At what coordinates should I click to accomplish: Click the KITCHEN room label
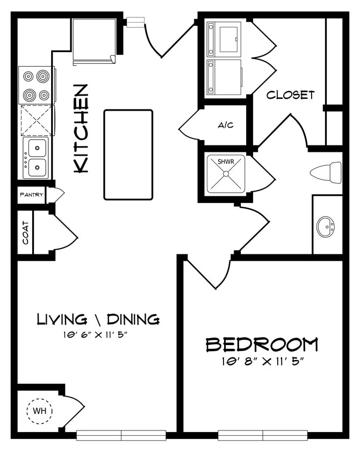(81, 128)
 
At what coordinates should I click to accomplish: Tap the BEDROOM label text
(262, 344)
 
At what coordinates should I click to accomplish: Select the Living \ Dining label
(98, 319)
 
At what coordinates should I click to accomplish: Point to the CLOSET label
(291, 95)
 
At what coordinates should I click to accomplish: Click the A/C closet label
(225, 125)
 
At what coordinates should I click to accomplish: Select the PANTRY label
(31, 195)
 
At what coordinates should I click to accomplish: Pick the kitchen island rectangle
(128, 155)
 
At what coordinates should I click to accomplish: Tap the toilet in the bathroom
(326, 172)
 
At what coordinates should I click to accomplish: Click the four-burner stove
(36, 85)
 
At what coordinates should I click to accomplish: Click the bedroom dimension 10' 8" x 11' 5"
(262, 361)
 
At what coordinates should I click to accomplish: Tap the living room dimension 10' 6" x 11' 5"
(97, 335)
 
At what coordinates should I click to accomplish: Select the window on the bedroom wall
(262, 435)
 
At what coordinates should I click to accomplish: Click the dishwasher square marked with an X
(36, 120)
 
